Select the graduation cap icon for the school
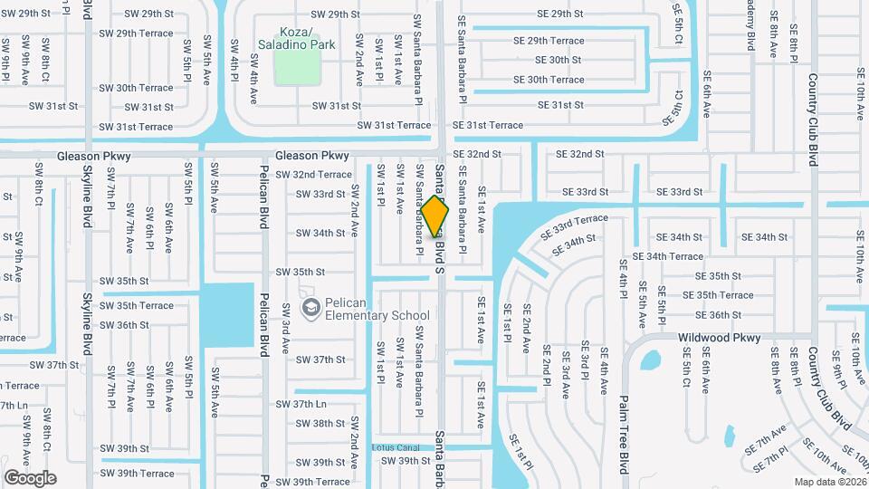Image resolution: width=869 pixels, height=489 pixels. tap(311, 309)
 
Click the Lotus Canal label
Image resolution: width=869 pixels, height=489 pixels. tap(396, 447)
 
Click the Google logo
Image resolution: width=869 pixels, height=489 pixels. tap(30, 477)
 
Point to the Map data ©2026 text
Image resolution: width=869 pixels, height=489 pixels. tap(829, 481)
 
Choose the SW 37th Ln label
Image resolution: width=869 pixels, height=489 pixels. tap(301, 404)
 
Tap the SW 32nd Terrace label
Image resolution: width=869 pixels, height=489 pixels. tap(313, 174)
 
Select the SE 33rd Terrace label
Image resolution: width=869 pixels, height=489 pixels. tap(575, 226)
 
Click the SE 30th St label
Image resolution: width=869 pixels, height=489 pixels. tap(558, 60)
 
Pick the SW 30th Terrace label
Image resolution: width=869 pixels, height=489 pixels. tap(136, 88)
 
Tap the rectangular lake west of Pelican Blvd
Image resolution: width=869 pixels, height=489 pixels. tap(226, 314)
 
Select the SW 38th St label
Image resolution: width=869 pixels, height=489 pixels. tap(321, 423)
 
